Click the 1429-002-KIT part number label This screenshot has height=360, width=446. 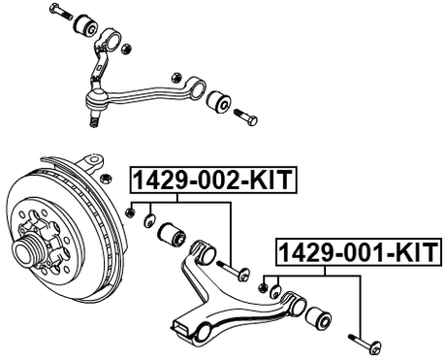point(211,180)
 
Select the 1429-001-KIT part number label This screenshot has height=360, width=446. point(358,253)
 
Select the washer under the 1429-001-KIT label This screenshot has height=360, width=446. point(276,290)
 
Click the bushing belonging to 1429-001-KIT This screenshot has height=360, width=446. point(317,317)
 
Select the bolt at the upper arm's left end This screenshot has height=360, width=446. point(59,13)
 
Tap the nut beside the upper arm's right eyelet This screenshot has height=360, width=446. point(175,74)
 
